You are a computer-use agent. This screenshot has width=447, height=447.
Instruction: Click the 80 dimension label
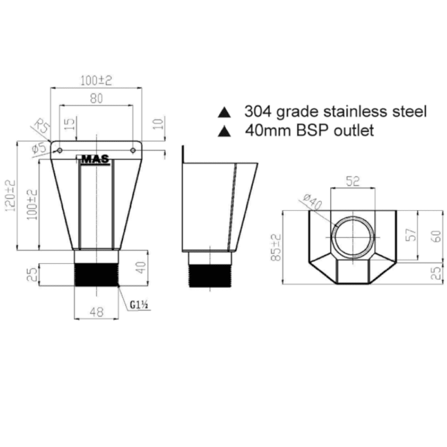[96, 98]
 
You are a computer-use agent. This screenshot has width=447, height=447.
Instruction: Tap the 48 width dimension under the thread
[96, 313]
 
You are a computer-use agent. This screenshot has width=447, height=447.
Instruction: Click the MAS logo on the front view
[96, 159]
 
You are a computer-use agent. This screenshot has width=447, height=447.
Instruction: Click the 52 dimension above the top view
[352, 181]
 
